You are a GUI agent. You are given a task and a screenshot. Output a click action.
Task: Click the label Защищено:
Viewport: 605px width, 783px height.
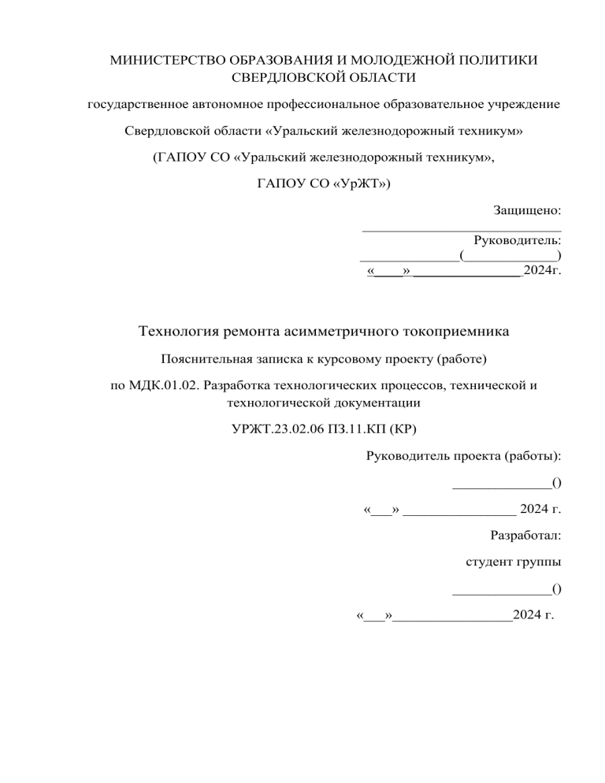[527, 211]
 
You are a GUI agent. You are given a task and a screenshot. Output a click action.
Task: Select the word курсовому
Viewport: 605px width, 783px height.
[343, 360]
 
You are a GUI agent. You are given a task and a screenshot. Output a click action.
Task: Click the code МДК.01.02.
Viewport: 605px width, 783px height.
[161, 388]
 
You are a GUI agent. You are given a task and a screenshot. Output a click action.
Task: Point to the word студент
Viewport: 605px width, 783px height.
[488, 562]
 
